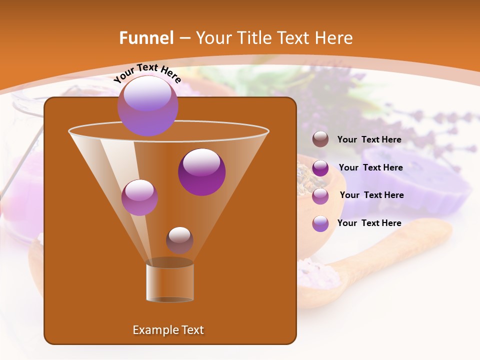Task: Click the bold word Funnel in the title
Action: [x=146, y=38]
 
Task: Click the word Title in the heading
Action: [x=254, y=38]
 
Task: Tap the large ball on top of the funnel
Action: [x=147, y=105]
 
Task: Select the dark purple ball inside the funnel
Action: [x=201, y=171]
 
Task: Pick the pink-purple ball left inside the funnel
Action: [x=139, y=197]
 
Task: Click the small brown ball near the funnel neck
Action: [x=179, y=240]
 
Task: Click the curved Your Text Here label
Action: [x=147, y=73]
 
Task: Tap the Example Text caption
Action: [x=168, y=330]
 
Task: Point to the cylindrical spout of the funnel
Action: [x=169, y=281]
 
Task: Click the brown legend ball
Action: [x=320, y=139]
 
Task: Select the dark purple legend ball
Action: [x=320, y=168]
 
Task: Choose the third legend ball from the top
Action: [x=320, y=195]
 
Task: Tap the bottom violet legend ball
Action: [x=320, y=223]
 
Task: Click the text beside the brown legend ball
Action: [x=369, y=140]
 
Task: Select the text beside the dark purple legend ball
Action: [x=370, y=168]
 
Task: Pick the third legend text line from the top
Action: [x=371, y=195]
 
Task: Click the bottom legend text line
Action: [x=369, y=223]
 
